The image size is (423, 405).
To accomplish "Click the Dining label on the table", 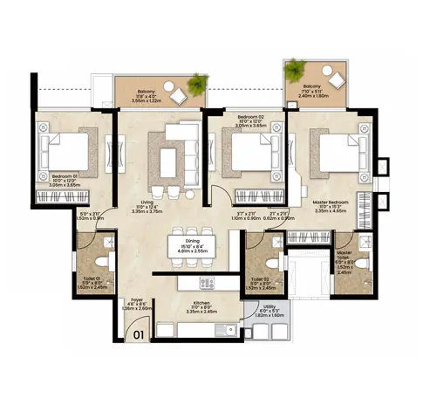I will pos(193,242).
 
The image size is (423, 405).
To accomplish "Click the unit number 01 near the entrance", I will pos(138,332).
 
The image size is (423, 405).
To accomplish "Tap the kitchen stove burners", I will pos(207,283).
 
